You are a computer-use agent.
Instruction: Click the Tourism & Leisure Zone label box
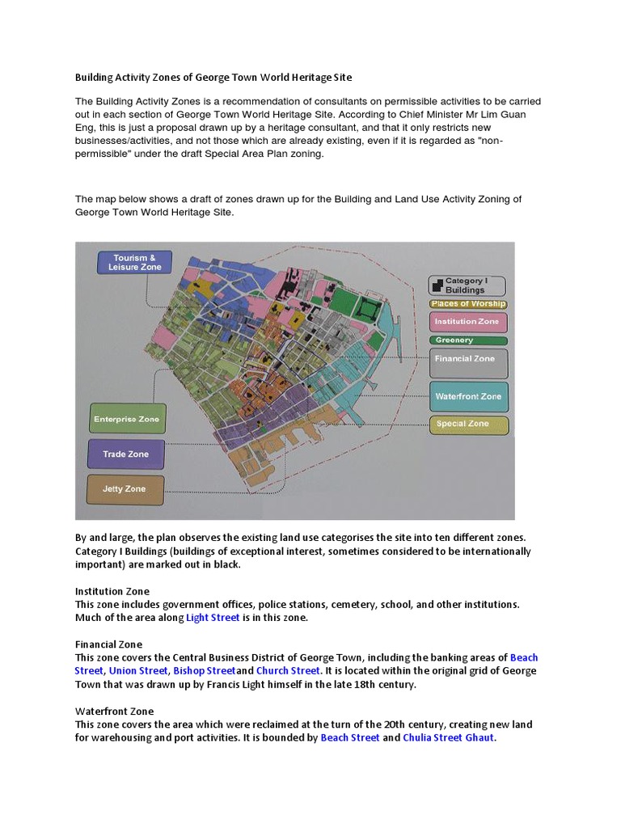pos(134,262)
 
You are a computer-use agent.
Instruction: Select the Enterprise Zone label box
pos(127,420)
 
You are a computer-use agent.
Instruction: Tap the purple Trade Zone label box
pos(126,454)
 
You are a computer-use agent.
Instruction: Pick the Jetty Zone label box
pos(125,489)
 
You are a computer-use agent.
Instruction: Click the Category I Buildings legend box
pos(467,285)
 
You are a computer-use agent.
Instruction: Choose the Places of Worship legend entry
pos(468,304)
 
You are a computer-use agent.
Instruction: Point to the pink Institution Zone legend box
pos(467,322)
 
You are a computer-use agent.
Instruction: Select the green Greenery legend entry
pos(467,340)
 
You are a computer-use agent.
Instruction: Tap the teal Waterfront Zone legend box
pos(468,397)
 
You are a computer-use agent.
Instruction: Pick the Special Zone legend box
pos(468,424)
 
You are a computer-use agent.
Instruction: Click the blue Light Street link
pos(213,618)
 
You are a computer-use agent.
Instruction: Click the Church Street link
pos(289,671)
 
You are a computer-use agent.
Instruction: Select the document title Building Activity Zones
pos(213,78)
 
